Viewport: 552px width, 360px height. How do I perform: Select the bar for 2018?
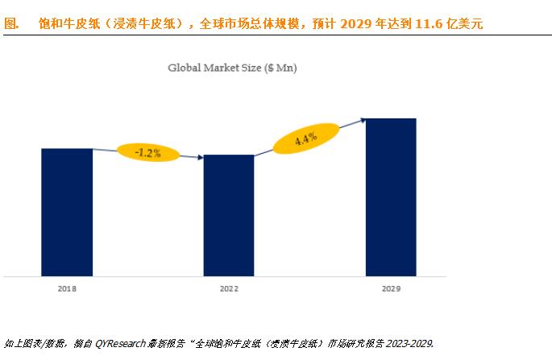coord(67,211)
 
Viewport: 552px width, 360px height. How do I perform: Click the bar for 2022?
coord(229,214)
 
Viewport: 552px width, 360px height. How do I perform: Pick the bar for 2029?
coord(391,197)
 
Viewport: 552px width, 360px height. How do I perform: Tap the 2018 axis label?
coord(67,288)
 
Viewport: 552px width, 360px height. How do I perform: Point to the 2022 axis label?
coord(229,288)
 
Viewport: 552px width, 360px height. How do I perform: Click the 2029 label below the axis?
coord(391,288)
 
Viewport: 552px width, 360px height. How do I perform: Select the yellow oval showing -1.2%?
coord(148,151)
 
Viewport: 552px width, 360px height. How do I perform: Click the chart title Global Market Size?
coord(214,68)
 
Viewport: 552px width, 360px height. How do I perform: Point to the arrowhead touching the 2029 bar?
coord(363,120)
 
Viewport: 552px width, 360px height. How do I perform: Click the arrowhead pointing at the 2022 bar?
coord(200,158)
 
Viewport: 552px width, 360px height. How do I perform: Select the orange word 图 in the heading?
coord(11,23)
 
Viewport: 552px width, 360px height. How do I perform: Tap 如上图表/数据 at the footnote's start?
coord(31,343)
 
